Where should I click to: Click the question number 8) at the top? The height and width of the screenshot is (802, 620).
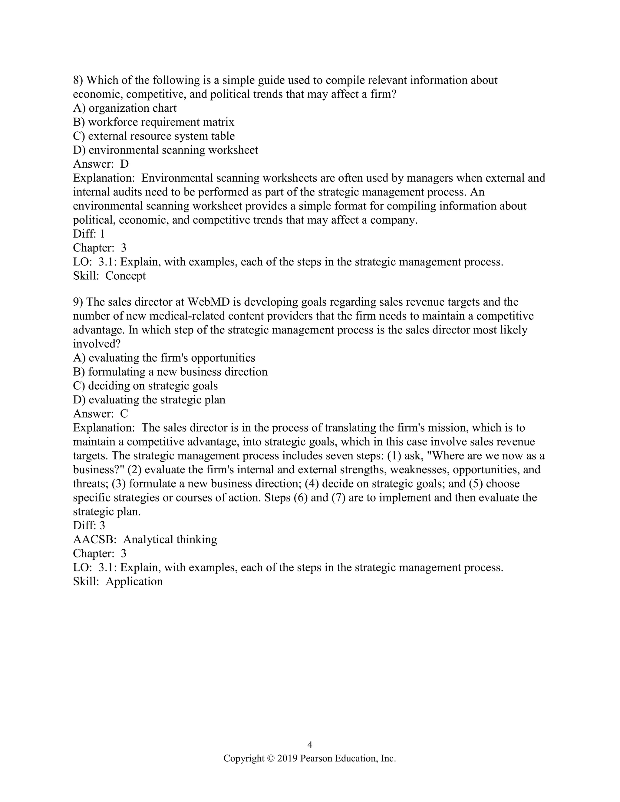[x=78, y=80]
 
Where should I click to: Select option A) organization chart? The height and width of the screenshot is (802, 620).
[x=125, y=108]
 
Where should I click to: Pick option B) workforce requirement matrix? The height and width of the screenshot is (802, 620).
[x=153, y=122]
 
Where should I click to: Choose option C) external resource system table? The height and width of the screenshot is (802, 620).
[x=154, y=136]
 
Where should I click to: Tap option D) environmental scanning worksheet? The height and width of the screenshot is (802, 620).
[x=166, y=150]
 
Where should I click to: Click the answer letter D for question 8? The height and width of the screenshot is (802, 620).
[x=124, y=164]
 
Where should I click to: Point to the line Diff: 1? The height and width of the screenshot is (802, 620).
[x=89, y=234]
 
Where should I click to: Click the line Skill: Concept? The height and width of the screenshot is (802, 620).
[x=110, y=275]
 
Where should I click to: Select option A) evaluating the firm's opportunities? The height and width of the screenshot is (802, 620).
[x=164, y=358]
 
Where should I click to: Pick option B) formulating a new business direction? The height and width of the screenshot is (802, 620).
[x=170, y=372]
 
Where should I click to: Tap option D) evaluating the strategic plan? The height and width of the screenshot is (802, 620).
[x=149, y=399]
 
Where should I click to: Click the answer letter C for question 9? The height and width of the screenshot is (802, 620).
[x=124, y=413]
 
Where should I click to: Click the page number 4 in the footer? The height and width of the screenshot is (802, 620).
[x=310, y=745]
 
